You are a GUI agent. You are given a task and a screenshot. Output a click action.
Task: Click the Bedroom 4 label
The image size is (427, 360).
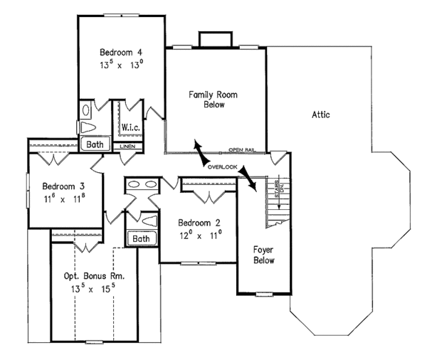click(x=121, y=52)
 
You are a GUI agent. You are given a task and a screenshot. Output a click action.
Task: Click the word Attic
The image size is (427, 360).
click(x=320, y=115)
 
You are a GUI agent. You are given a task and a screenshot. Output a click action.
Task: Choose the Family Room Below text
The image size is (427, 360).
click(x=206, y=99)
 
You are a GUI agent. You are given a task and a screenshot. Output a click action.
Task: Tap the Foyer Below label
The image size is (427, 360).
click(x=264, y=255)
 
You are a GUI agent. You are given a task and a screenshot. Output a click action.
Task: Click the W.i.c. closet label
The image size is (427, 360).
click(x=130, y=127)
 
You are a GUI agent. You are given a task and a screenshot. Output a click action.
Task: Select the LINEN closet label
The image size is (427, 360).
click(x=128, y=147)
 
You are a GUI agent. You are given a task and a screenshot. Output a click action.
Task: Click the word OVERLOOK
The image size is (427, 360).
click(x=221, y=166)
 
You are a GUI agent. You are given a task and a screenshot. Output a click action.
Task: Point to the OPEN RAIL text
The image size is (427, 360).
click(x=242, y=150)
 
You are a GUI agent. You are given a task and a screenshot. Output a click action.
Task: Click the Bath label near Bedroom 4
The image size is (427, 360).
click(x=95, y=144)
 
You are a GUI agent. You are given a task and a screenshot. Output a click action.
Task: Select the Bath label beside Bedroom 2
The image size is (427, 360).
click(x=142, y=238)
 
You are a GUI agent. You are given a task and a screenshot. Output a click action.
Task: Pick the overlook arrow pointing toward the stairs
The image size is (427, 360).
click(x=249, y=178)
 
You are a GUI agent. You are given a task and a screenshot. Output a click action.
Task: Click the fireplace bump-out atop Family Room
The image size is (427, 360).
click(x=213, y=39)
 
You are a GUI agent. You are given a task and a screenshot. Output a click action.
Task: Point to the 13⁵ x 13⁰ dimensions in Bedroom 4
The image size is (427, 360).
click(x=121, y=64)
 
